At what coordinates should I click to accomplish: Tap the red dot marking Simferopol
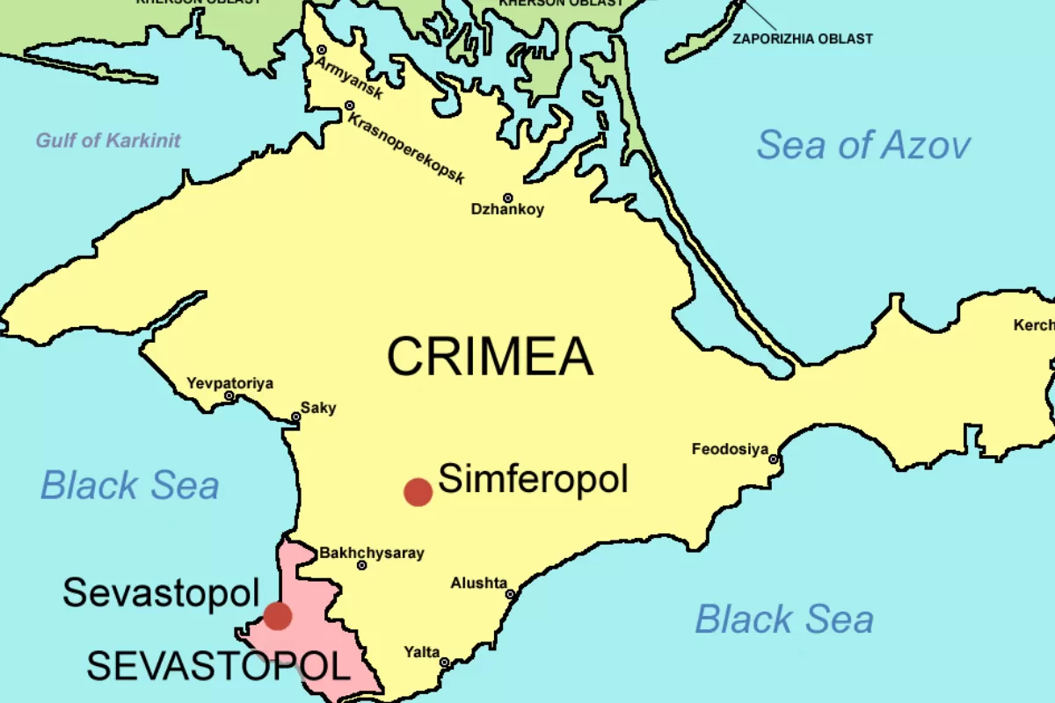[x=418, y=492]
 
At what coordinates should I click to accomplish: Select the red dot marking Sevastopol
[x=278, y=616]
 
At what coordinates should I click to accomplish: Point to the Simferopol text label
[x=533, y=480]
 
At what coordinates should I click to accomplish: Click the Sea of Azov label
[x=863, y=145]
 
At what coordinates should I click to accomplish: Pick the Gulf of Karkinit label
[x=108, y=140]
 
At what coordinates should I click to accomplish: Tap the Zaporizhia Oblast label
[x=802, y=39]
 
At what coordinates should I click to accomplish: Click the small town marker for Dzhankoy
[x=507, y=199]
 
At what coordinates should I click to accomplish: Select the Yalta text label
[x=422, y=651]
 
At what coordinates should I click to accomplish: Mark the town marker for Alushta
[x=509, y=595]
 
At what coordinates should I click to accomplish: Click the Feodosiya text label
[x=730, y=449]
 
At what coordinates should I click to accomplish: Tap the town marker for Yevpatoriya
[x=229, y=396]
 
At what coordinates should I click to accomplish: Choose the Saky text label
[x=318, y=408]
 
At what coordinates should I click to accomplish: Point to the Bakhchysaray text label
[x=371, y=553]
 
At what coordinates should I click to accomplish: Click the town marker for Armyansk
[x=322, y=50]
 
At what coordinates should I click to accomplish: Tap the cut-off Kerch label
[x=1034, y=325]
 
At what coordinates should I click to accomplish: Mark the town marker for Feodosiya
[x=774, y=459]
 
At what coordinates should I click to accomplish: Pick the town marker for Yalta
[x=444, y=663]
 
